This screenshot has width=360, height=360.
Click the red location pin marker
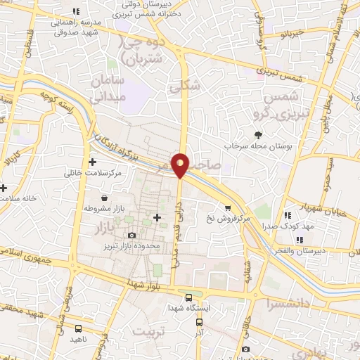click(181, 164)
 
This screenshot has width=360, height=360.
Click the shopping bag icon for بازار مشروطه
click(104, 198)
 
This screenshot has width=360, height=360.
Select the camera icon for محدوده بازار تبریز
click(131, 236)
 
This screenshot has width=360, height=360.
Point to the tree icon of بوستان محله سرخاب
click(259, 134)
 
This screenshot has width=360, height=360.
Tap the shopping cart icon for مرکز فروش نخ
click(228, 207)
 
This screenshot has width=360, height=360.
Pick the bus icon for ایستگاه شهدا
click(187, 297)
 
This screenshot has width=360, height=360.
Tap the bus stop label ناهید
click(79, 339)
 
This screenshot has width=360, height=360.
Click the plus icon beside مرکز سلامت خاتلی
click(92, 162)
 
